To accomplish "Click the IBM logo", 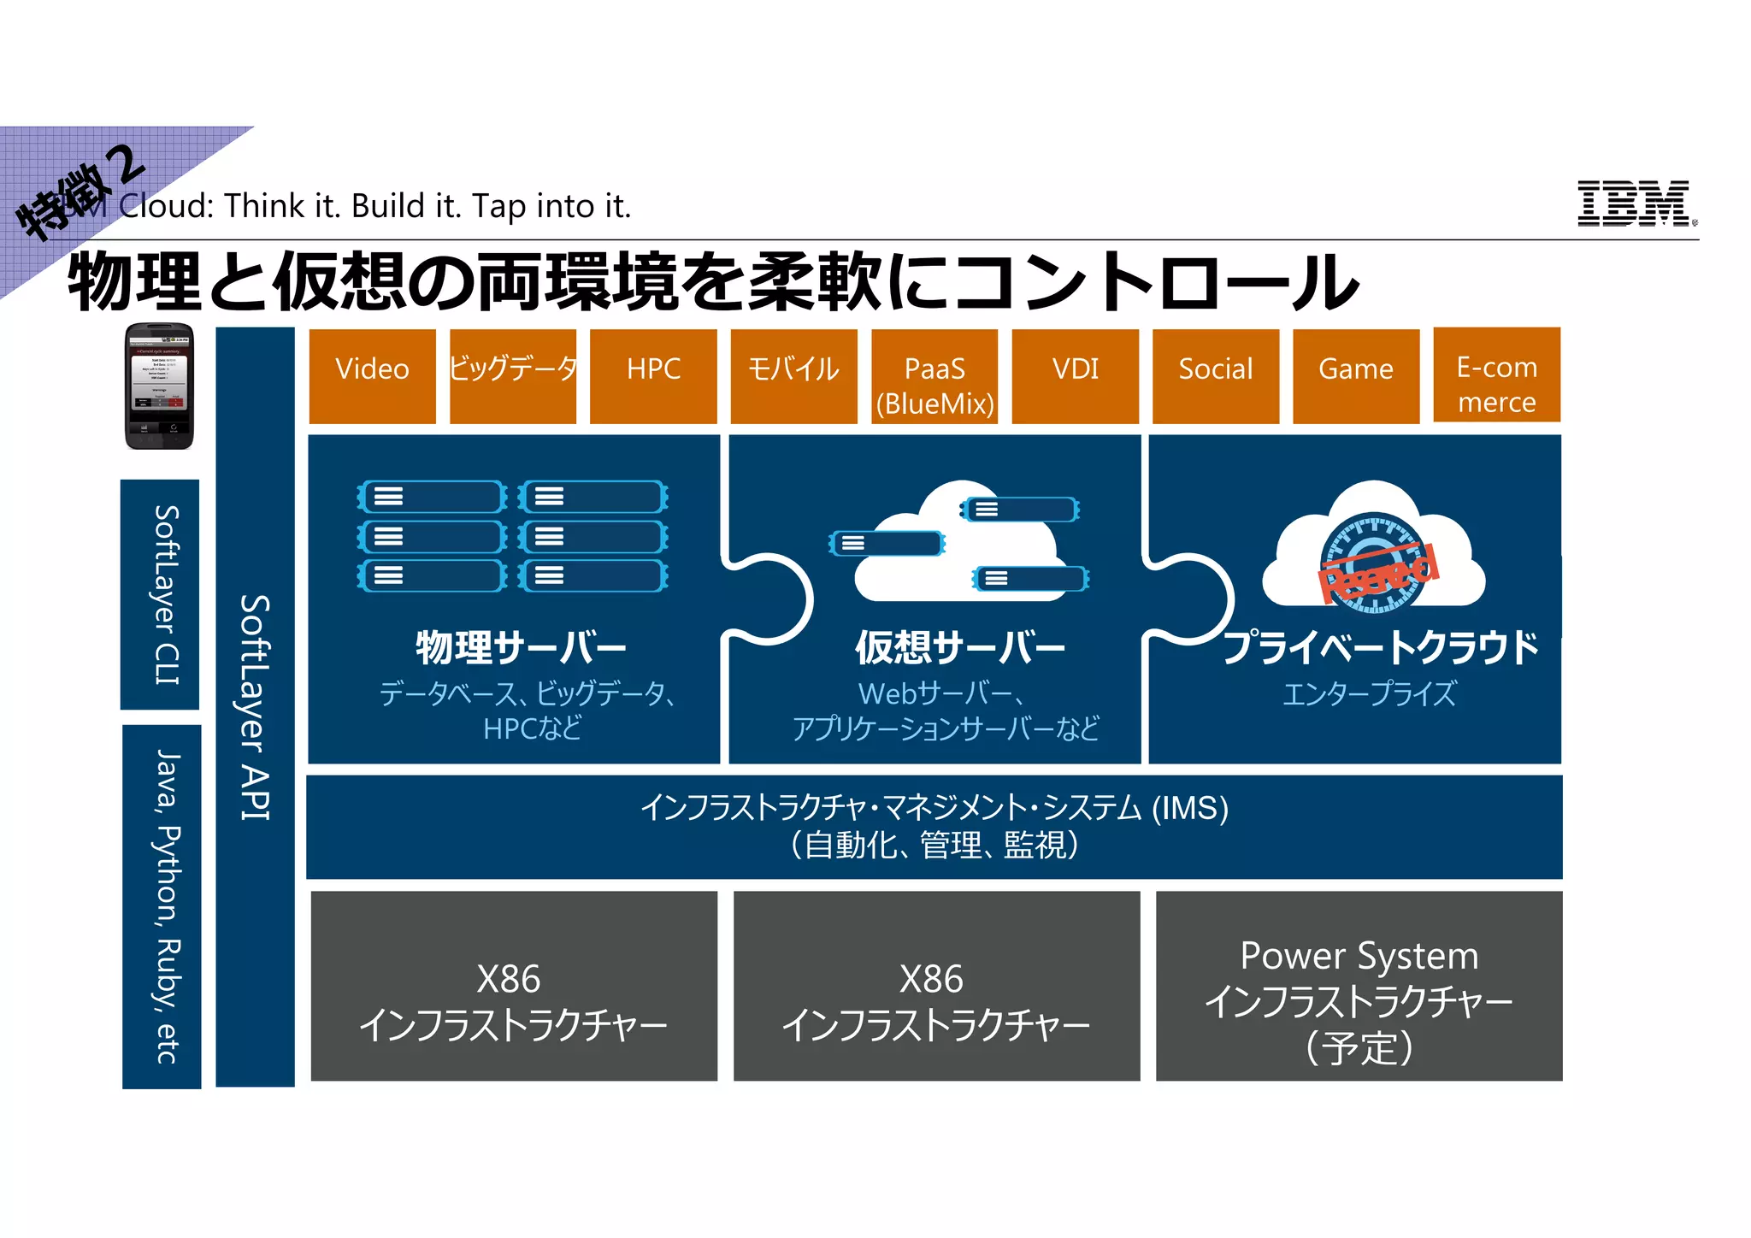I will (1635, 203).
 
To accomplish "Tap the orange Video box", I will (372, 376).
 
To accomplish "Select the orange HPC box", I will (653, 376).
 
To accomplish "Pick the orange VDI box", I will (1075, 376).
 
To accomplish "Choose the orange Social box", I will (1215, 376).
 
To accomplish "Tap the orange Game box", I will (1356, 376).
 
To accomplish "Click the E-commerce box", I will (1496, 375).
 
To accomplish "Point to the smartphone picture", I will (159, 386).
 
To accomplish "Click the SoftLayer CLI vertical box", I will (161, 594).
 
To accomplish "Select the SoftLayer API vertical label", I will (255, 707).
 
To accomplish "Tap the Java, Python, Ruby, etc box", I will (162, 906).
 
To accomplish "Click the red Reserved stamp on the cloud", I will (1378, 572).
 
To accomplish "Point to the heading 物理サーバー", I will (521, 647).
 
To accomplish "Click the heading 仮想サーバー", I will (960, 647).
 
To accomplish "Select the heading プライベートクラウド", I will (1380, 647).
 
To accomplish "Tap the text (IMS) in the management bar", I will (1190, 808).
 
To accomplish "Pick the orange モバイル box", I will (793, 376).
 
